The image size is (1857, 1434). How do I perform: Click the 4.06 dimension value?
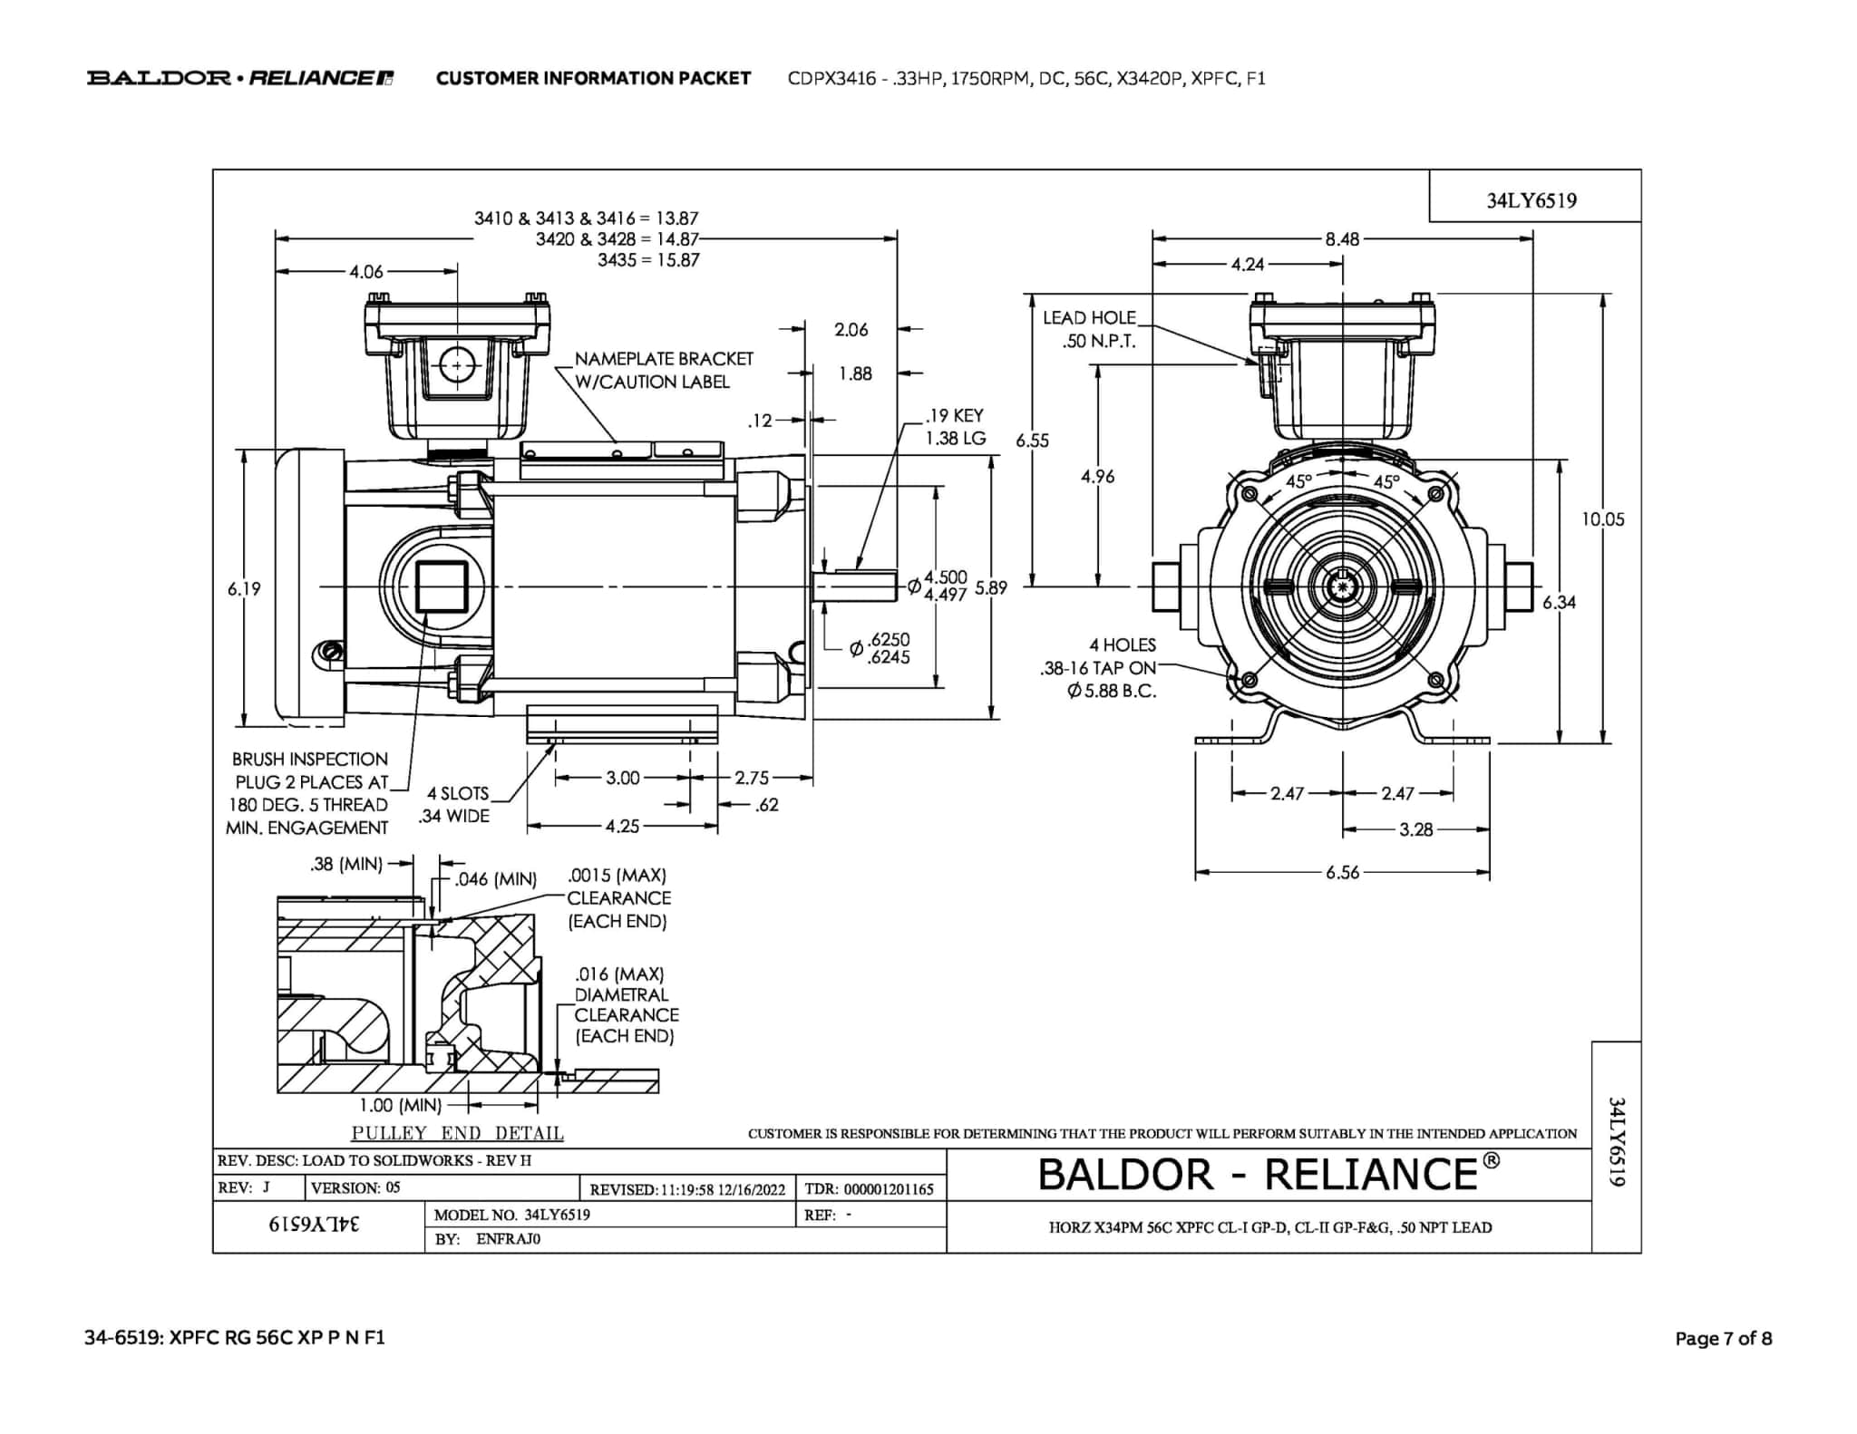click(366, 271)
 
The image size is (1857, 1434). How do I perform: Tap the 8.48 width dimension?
click(1342, 239)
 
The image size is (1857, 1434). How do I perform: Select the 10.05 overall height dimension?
click(1603, 519)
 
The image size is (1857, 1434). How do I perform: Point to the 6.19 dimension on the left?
click(244, 589)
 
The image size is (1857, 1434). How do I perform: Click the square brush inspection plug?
click(442, 586)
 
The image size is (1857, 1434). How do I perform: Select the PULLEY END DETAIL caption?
click(457, 1133)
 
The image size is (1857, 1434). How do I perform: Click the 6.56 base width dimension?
click(1342, 873)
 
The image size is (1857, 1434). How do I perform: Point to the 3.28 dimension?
click(1415, 829)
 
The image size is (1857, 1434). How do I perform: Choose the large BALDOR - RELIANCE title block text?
click(1268, 1175)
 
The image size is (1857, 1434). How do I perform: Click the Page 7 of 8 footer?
click(1723, 1339)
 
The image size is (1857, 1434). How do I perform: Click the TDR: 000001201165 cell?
click(869, 1189)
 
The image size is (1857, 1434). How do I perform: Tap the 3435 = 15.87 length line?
click(647, 260)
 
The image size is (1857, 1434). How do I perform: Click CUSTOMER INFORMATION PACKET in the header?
click(593, 78)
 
